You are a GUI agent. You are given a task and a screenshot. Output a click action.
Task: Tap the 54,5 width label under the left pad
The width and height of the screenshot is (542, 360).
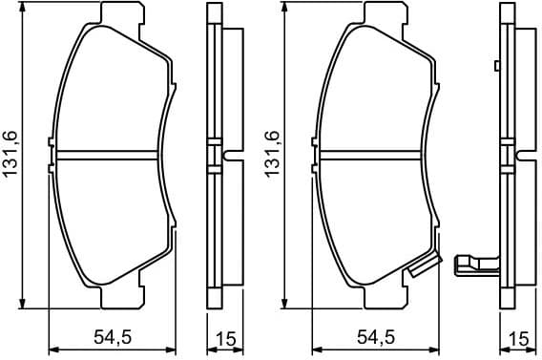114,337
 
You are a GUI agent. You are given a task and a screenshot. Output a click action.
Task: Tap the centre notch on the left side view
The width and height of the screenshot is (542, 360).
223,154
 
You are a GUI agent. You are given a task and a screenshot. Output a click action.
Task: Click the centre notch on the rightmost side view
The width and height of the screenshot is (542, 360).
515,154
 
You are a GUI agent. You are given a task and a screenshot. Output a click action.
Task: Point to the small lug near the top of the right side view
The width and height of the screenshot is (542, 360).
497,66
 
